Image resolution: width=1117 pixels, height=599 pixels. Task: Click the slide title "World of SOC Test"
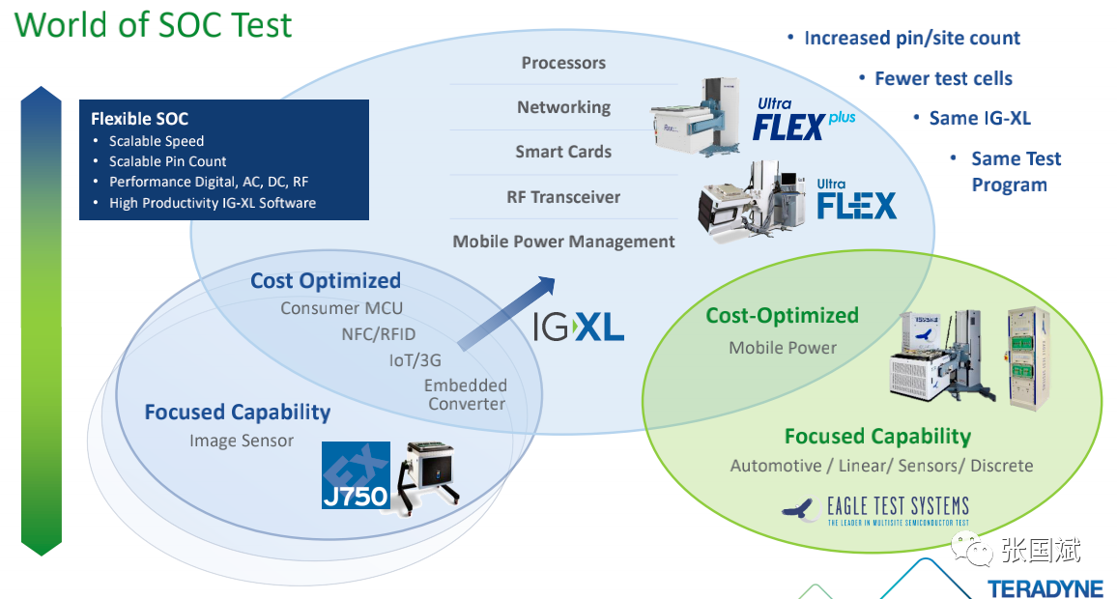pos(154,24)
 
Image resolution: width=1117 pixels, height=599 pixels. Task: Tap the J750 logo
pos(355,475)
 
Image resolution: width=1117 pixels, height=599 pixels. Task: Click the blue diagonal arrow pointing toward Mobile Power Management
pos(505,312)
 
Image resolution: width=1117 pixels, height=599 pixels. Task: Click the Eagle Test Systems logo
pos(874,510)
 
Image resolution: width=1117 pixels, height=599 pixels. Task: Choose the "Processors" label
pos(563,63)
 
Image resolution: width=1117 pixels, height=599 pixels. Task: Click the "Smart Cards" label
pos(563,152)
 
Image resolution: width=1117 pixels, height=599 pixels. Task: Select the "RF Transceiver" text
pos(563,197)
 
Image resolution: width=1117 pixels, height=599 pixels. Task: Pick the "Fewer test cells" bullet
pos(943,79)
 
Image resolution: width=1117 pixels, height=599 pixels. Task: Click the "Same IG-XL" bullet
pos(980,119)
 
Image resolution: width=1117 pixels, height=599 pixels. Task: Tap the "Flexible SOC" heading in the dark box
pos(139,119)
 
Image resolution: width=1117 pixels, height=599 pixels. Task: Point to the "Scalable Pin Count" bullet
pos(167,161)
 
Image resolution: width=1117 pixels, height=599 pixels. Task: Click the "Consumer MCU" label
pos(341,308)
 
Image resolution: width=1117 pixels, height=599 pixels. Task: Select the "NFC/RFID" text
pos(378,334)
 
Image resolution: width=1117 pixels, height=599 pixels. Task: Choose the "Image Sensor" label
pos(242,442)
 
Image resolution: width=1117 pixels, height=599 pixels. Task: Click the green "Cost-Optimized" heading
pos(782,316)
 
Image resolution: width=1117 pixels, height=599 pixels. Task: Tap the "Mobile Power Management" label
pos(563,242)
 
